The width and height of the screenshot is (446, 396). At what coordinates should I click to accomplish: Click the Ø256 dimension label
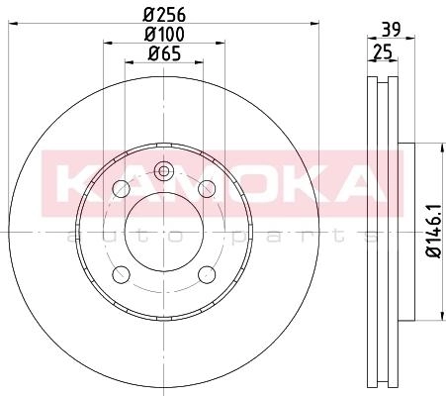[x=164, y=15]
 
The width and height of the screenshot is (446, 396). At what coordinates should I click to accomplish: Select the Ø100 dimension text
[x=164, y=34]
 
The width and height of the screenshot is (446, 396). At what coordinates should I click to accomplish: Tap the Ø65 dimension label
[x=164, y=53]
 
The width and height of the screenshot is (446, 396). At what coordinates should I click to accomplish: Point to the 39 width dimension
[x=391, y=30]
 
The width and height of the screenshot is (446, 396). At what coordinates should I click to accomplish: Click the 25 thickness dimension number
[x=383, y=51]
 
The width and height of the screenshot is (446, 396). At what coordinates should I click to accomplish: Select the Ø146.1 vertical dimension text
[x=434, y=231]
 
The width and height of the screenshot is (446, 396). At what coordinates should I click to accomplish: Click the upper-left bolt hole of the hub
[x=121, y=189]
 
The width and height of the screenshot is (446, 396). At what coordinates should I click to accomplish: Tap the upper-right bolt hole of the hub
[x=207, y=189]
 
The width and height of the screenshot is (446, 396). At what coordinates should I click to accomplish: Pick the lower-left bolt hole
[x=121, y=274]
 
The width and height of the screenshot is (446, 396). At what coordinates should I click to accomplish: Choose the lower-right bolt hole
[x=207, y=274]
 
